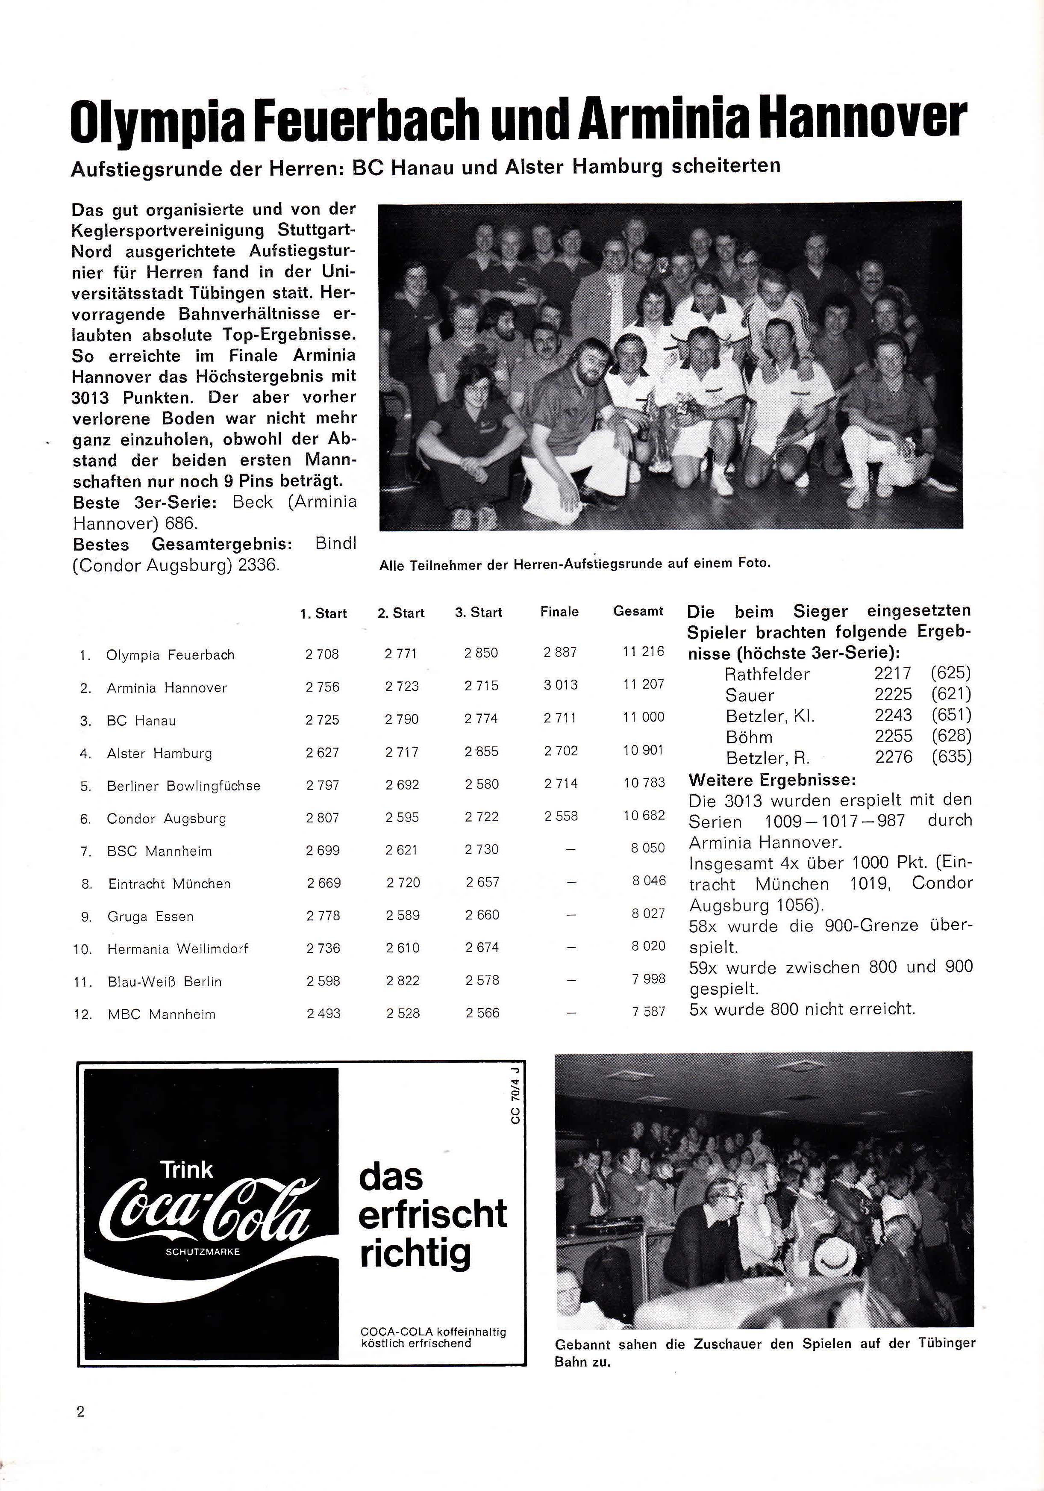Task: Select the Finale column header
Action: point(559,612)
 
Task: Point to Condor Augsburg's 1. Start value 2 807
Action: point(323,818)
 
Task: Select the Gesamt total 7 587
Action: point(648,1012)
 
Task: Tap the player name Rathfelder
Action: point(767,674)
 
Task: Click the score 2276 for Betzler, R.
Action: point(894,757)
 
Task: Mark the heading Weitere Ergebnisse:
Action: point(772,779)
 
